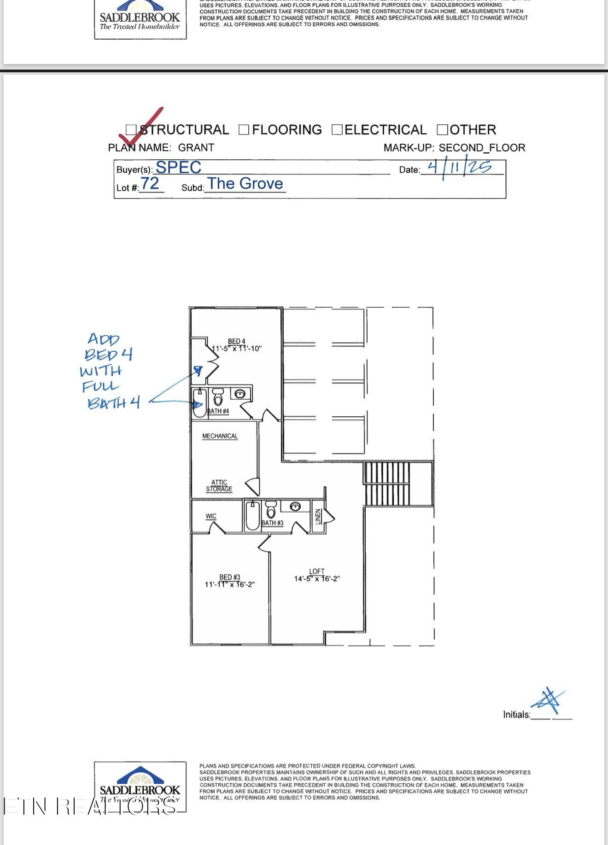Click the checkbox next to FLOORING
tap(244, 130)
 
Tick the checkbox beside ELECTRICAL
tap(337, 130)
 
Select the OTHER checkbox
tap(442, 130)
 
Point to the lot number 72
tap(150, 183)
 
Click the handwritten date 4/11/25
tap(459, 167)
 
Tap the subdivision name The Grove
tap(245, 183)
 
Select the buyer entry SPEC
tap(178, 167)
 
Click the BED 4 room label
tap(236, 341)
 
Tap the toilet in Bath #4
tap(218, 396)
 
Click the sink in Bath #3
tap(295, 507)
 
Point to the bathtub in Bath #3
tap(252, 517)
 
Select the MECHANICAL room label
tap(220, 436)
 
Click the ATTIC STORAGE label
tap(219, 486)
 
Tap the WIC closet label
tap(211, 516)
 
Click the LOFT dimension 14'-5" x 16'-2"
tap(317, 579)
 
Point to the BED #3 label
tap(230, 577)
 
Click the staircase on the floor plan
tap(387, 484)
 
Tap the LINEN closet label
tap(318, 517)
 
